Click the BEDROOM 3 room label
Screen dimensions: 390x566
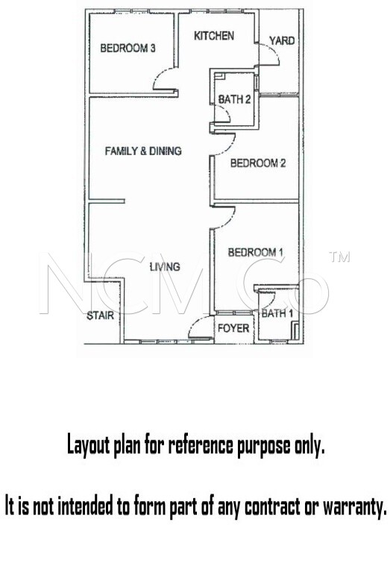(x=128, y=48)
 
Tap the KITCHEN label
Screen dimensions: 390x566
(x=214, y=36)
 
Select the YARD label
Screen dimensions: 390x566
(x=282, y=40)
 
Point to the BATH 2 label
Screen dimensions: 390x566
(x=234, y=99)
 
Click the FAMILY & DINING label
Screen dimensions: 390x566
(x=143, y=151)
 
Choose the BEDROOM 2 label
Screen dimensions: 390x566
(x=258, y=163)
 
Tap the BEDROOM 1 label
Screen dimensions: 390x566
(x=256, y=252)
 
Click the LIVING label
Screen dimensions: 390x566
(x=165, y=267)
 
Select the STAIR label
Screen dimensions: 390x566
(x=100, y=315)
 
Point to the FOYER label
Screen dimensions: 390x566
(x=233, y=328)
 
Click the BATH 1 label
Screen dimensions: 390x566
(x=277, y=313)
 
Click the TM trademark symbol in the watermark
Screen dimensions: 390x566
(x=339, y=257)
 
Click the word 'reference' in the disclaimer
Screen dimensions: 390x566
(x=202, y=445)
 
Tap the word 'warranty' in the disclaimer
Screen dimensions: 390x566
(x=355, y=506)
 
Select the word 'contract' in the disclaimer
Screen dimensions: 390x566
(x=272, y=506)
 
